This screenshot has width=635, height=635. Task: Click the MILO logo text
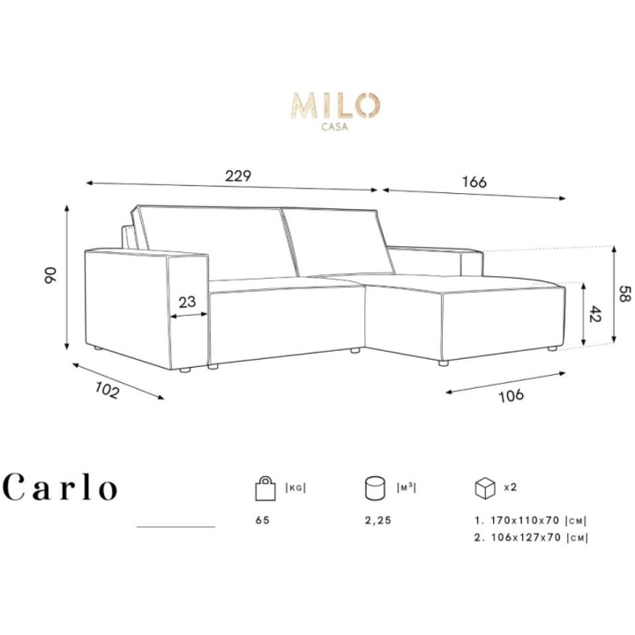click(x=335, y=106)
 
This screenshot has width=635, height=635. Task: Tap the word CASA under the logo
click(x=334, y=127)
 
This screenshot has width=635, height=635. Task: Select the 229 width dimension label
click(x=238, y=176)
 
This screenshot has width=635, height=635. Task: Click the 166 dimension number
click(x=474, y=183)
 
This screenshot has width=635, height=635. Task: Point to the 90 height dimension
click(x=51, y=274)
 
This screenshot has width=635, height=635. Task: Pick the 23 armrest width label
click(x=187, y=302)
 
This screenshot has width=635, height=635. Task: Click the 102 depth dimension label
click(x=108, y=391)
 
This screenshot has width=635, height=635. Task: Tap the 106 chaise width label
click(x=511, y=395)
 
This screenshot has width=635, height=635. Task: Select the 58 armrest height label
click(x=625, y=293)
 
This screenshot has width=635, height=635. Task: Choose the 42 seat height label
click(x=595, y=313)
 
